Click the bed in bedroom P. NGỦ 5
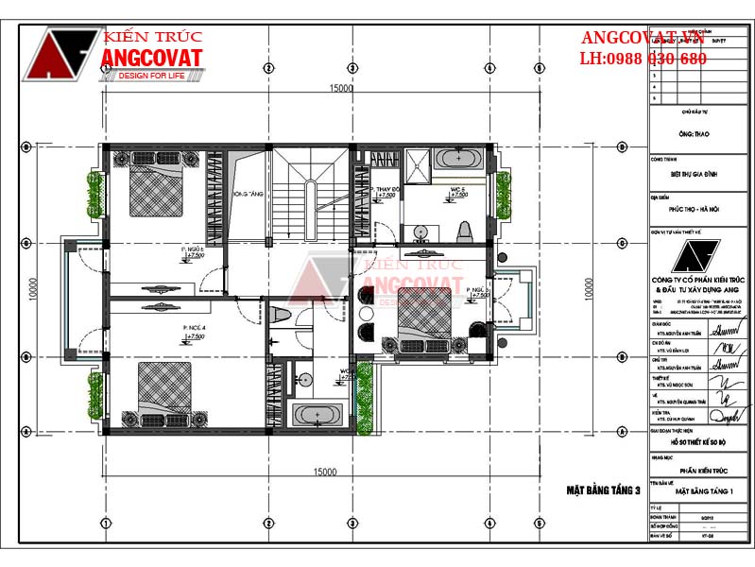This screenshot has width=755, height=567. click(151, 190)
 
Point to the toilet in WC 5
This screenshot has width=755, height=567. click(463, 230)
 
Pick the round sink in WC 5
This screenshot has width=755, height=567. click(418, 230)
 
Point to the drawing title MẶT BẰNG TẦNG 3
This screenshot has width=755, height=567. click(603, 490)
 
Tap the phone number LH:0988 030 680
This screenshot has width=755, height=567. click(643, 59)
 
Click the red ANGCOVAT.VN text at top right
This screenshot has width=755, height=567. click(643, 37)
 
